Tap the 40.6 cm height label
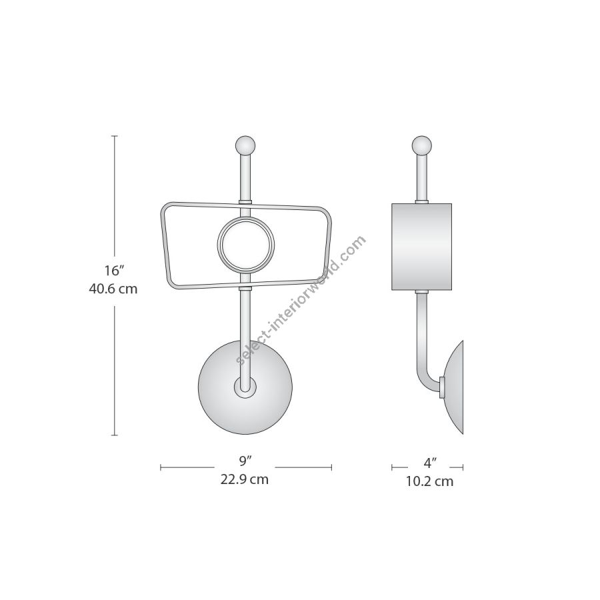pyautogui.click(x=113, y=289)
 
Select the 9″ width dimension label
pyautogui.click(x=245, y=461)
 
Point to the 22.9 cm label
pyautogui.click(x=244, y=479)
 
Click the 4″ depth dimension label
pyautogui.click(x=430, y=463)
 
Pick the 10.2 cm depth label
pyautogui.click(x=429, y=481)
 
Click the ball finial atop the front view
pyautogui.click(x=245, y=145)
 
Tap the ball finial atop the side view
pyautogui.click(x=422, y=145)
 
